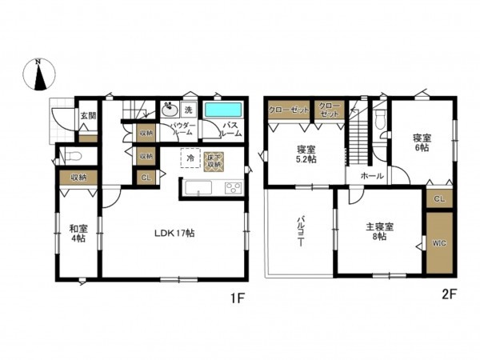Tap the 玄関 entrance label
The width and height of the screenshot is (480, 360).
[x=87, y=116]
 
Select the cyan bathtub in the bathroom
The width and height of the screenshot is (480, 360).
[x=223, y=111]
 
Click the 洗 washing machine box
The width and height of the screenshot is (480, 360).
[x=188, y=110]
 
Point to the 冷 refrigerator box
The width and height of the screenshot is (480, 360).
[x=190, y=159]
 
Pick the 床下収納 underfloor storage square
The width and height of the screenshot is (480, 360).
[x=213, y=160]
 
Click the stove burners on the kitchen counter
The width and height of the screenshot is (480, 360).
[x=234, y=189]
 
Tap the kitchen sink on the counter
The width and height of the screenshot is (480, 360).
[x=198, y=189]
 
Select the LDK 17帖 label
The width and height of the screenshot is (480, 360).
[x=175, y=234]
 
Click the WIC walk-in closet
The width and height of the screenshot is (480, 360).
[x=438, y=242]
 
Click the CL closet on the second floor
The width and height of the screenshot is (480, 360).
[x=439, y=197]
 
